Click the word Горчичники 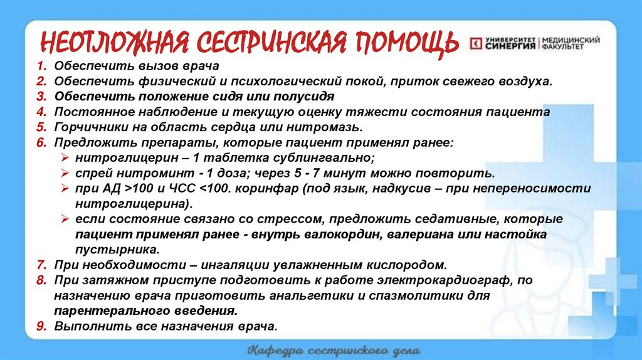[x=86, y=127]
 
